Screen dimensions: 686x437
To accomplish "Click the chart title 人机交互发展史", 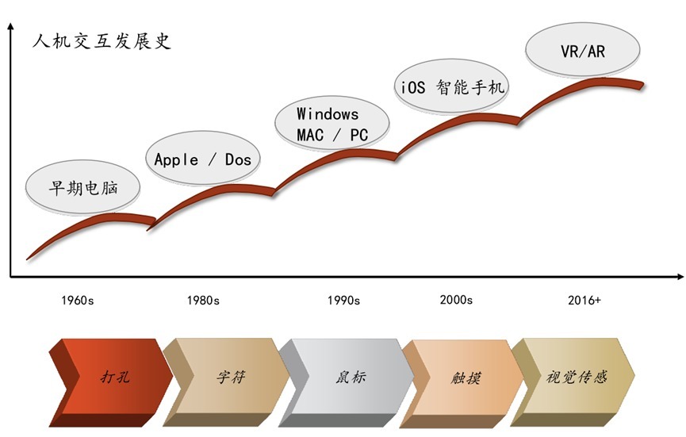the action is [x=102, y=41].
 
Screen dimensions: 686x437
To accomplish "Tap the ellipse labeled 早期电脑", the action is [x=82, y=188].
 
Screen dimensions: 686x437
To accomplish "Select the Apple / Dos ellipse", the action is [x=203, y=158].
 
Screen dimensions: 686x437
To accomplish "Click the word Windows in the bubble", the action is [x=328, y=114].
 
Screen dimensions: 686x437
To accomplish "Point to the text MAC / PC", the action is [x=332, y=135].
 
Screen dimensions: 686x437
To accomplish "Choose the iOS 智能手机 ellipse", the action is [x=451, y=87].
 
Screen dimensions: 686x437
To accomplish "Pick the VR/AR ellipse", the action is [x=583, y=51].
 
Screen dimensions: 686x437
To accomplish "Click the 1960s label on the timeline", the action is [x=78, y=301].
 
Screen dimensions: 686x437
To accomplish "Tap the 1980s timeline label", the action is [x=203, y=301].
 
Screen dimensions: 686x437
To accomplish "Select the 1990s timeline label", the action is [x=344, y=301].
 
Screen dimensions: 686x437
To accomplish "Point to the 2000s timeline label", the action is [x=456, y=300].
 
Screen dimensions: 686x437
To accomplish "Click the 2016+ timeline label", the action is [x=584, y=300].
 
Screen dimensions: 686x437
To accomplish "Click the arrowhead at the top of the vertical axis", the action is [x=11, y=26].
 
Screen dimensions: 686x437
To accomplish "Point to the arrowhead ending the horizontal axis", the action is [x=680, y=277].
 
